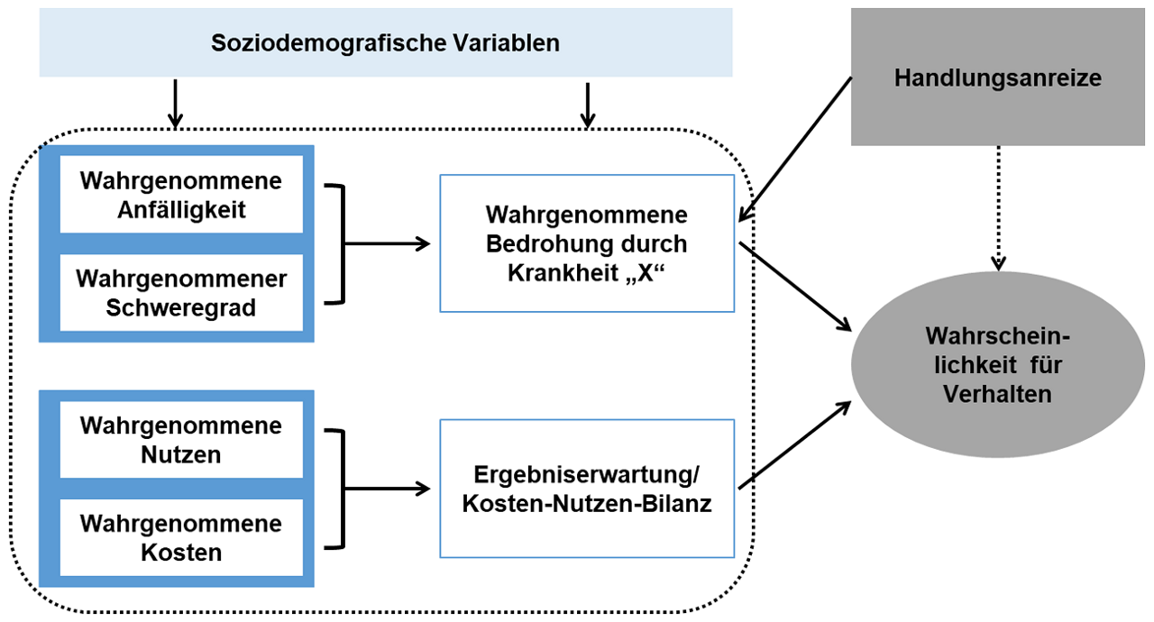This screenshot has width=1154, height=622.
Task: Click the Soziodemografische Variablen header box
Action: (x=386, y=43)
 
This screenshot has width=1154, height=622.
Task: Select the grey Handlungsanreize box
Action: (x=997, y=78)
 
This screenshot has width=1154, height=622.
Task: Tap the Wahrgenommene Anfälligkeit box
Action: (x=180, y=196)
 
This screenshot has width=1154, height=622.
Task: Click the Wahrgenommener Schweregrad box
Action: (x=180, y=293)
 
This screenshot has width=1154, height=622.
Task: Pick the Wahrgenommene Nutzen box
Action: (x=180, y=440)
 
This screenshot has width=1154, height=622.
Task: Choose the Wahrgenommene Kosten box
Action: (x=180, y=537)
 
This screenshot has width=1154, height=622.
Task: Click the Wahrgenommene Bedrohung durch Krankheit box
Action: (x=586, y=243)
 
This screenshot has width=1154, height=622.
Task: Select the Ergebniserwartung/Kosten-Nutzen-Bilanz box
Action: (x=586, y=489)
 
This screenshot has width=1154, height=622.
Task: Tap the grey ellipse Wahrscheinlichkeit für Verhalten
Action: (x=997, y=364)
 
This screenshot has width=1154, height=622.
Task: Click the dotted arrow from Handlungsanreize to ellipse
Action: (x=997, y=207)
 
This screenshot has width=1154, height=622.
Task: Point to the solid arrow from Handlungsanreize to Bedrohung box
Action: (x=795, y=150)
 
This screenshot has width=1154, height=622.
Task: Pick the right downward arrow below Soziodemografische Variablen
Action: (x=587, y=104)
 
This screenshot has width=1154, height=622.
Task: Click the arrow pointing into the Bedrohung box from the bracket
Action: (x=388, y=243)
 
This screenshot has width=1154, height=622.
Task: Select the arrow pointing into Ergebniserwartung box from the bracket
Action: (x=388, y=489)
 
